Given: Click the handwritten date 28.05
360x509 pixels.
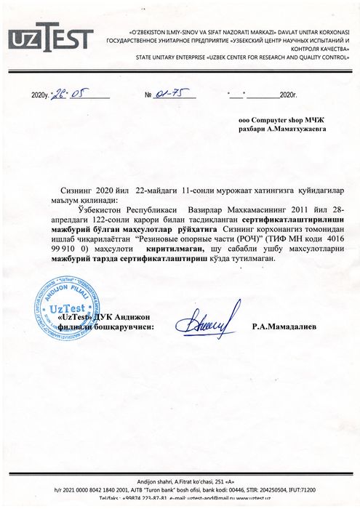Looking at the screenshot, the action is coord(65,94).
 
